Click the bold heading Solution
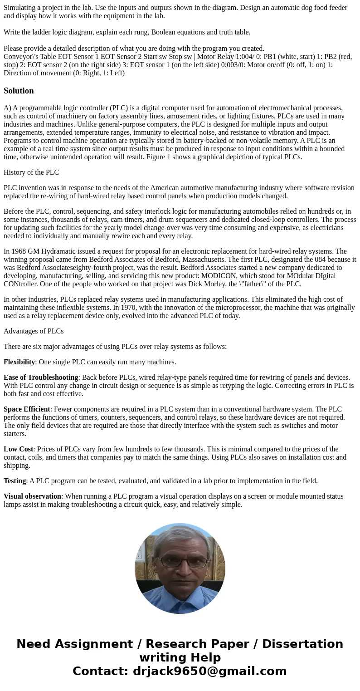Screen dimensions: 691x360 (x=19, y=91)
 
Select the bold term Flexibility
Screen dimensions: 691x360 (x=19, y=362)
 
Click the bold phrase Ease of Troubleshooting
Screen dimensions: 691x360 (x=41, y=377)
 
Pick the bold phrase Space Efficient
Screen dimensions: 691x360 (x=27, y=409)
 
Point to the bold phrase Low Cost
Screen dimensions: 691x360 (x=18, y=449)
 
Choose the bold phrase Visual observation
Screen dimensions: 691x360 (x=32, y=496)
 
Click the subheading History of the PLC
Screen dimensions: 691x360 (x=31, y=172)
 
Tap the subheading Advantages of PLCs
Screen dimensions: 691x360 (x=34, y=331)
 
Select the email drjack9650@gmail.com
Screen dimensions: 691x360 (x=209, y=671)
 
